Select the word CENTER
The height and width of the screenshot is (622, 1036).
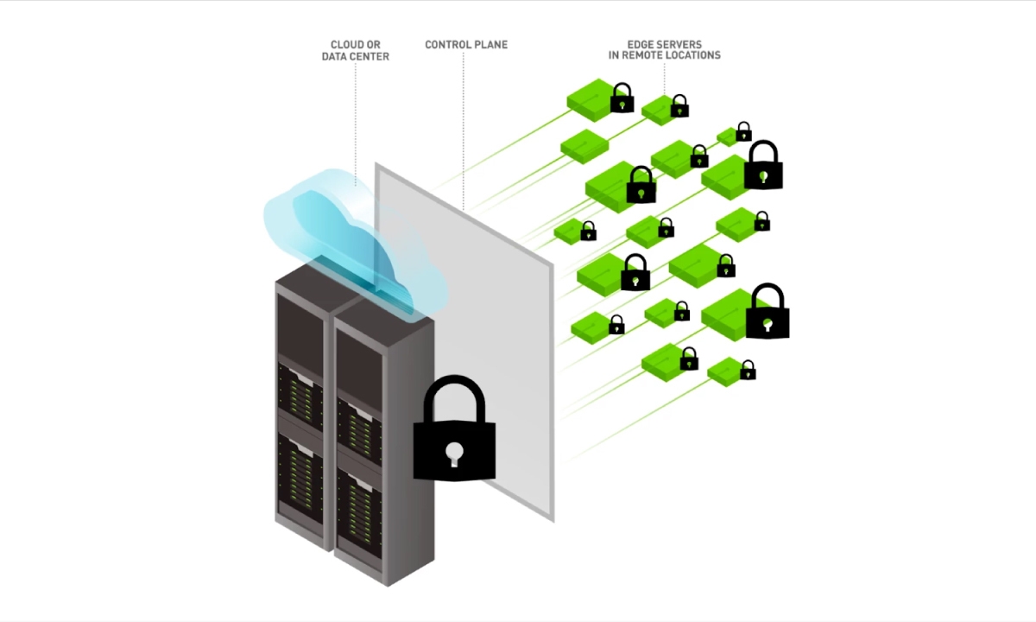pyautogui.click(x=373, y=56)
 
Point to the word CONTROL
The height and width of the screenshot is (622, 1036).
pyautogui.click(x=448, y=44)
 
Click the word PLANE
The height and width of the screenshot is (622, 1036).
pyautogui.click(x=491, y=44)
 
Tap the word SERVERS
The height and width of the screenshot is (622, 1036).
pyautogui.click(x=679, y=44)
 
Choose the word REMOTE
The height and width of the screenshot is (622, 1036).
pyautogui.click(x=641, y=55)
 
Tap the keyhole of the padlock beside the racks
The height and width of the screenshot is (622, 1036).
pyautogui.click(x=454, y=454)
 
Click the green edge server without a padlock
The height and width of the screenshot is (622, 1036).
pyautogui.click(x=584, y=146)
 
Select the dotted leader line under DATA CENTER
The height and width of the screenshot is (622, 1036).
pyautogui.click(x=355, y=125)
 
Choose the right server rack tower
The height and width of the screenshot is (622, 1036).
pyautogui.click(x=384, y=444)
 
